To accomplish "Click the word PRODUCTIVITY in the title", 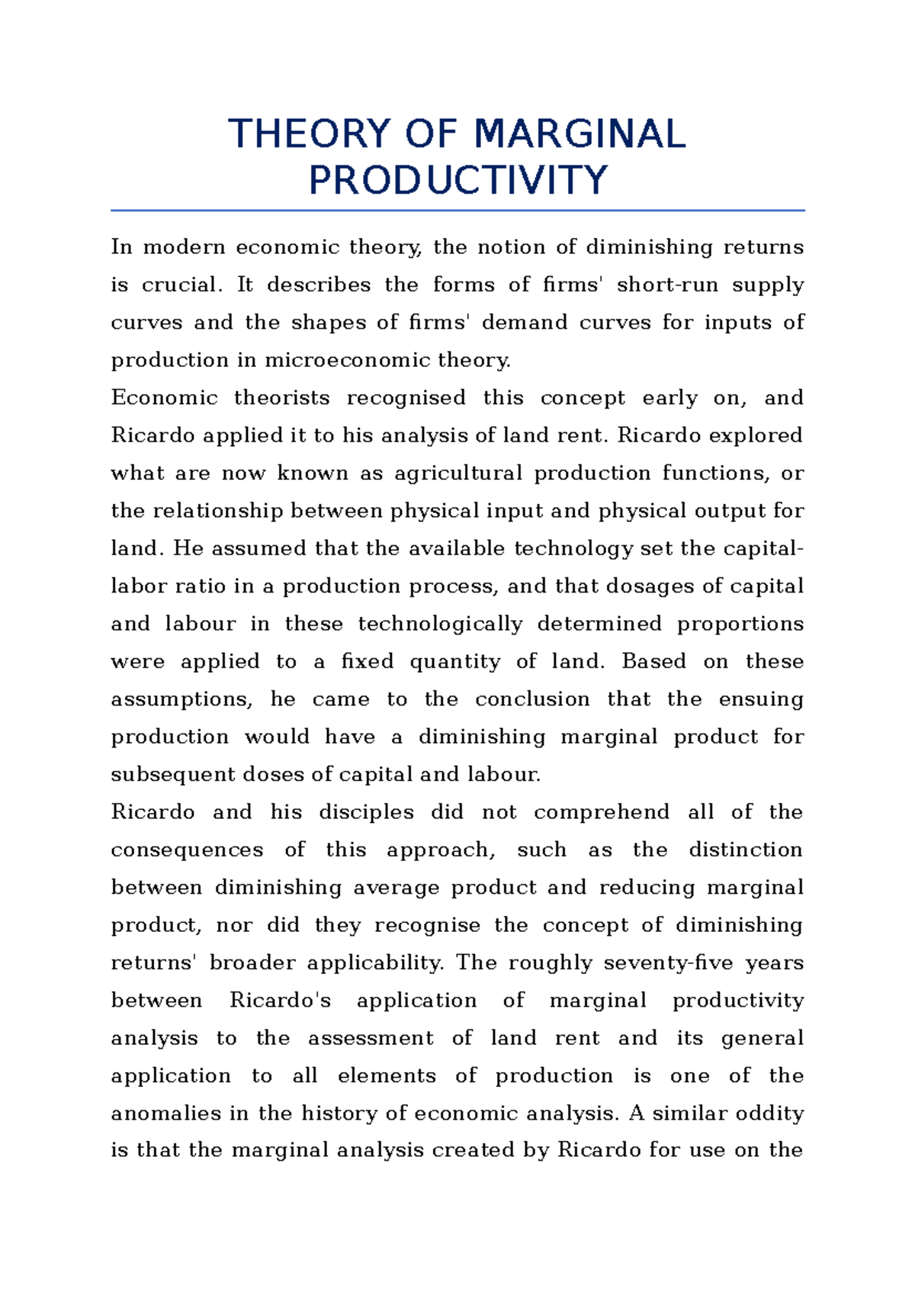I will pos(457,181).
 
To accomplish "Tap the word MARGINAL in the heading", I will pos(579,134).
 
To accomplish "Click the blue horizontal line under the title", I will pos(457,210).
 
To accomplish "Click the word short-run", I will pos(667,285).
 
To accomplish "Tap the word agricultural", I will pos(458,474).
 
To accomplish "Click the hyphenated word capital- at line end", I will pos(762,549).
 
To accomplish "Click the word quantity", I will pos(454,661).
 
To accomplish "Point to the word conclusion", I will pos(532,699).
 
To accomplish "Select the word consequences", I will pos(187,850).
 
